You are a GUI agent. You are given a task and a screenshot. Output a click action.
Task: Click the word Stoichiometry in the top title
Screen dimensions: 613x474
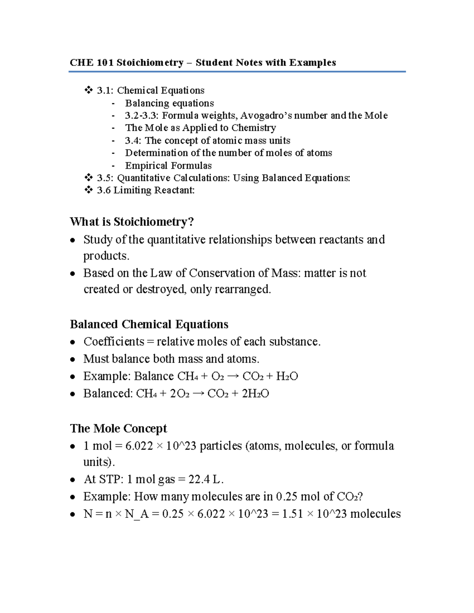tap(150, 62)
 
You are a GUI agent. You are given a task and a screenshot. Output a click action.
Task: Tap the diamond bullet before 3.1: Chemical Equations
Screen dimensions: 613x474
tap(88, 90)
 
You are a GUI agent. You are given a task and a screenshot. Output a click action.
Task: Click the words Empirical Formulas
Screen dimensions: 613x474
tap(168, 165)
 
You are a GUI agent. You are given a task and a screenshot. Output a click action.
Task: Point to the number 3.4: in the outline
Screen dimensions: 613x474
tap(133, 141)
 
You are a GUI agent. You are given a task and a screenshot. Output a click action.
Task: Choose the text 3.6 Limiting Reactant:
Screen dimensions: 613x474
tap(146, 190)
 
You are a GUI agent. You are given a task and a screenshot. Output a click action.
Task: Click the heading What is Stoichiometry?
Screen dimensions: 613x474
tap(132, 221)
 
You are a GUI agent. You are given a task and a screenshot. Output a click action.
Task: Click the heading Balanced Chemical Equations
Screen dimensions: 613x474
tap(149, 324)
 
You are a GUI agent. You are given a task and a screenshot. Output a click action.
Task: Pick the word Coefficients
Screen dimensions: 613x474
tap(114, 341)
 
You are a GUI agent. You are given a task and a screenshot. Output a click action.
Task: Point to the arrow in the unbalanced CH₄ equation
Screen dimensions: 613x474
tap(233, 376)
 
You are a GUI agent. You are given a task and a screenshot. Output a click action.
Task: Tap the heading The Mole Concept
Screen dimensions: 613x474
tap(118, 428)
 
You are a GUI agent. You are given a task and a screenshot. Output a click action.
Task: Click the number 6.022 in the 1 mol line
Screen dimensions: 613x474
tap(139, 446)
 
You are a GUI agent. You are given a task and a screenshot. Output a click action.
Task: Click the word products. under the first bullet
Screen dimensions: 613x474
tap(106, 256)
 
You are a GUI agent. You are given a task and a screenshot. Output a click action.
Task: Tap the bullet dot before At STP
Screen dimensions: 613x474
tap(72, 480)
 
